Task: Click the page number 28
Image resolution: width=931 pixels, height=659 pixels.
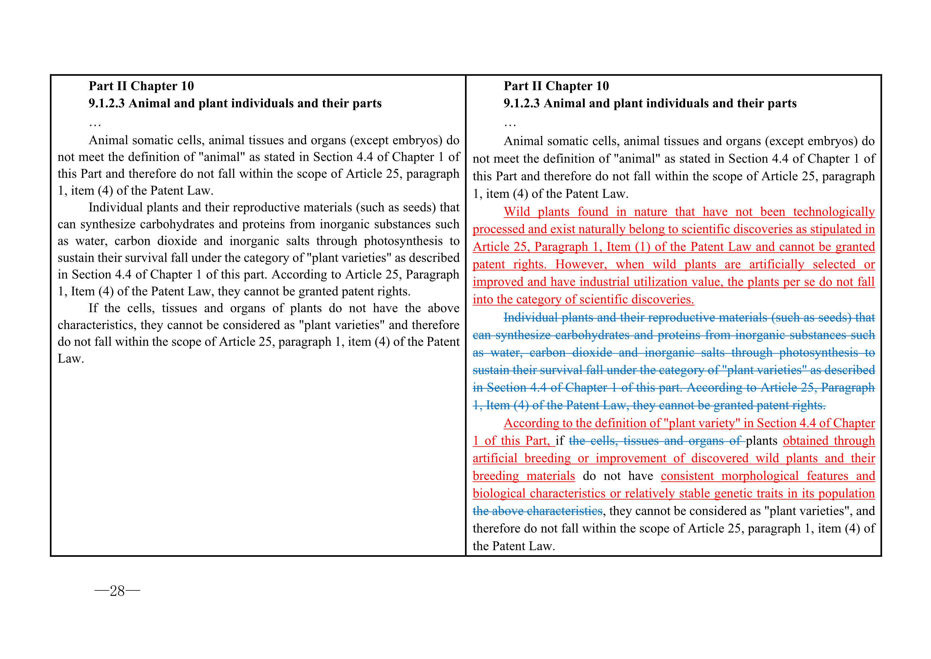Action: (117, 591)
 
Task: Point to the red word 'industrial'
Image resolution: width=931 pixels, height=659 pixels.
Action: (605, 282)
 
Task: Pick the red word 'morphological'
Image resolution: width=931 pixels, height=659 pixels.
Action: (760, 476)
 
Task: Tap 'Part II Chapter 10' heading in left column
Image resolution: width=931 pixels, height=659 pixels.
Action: (141, 86)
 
